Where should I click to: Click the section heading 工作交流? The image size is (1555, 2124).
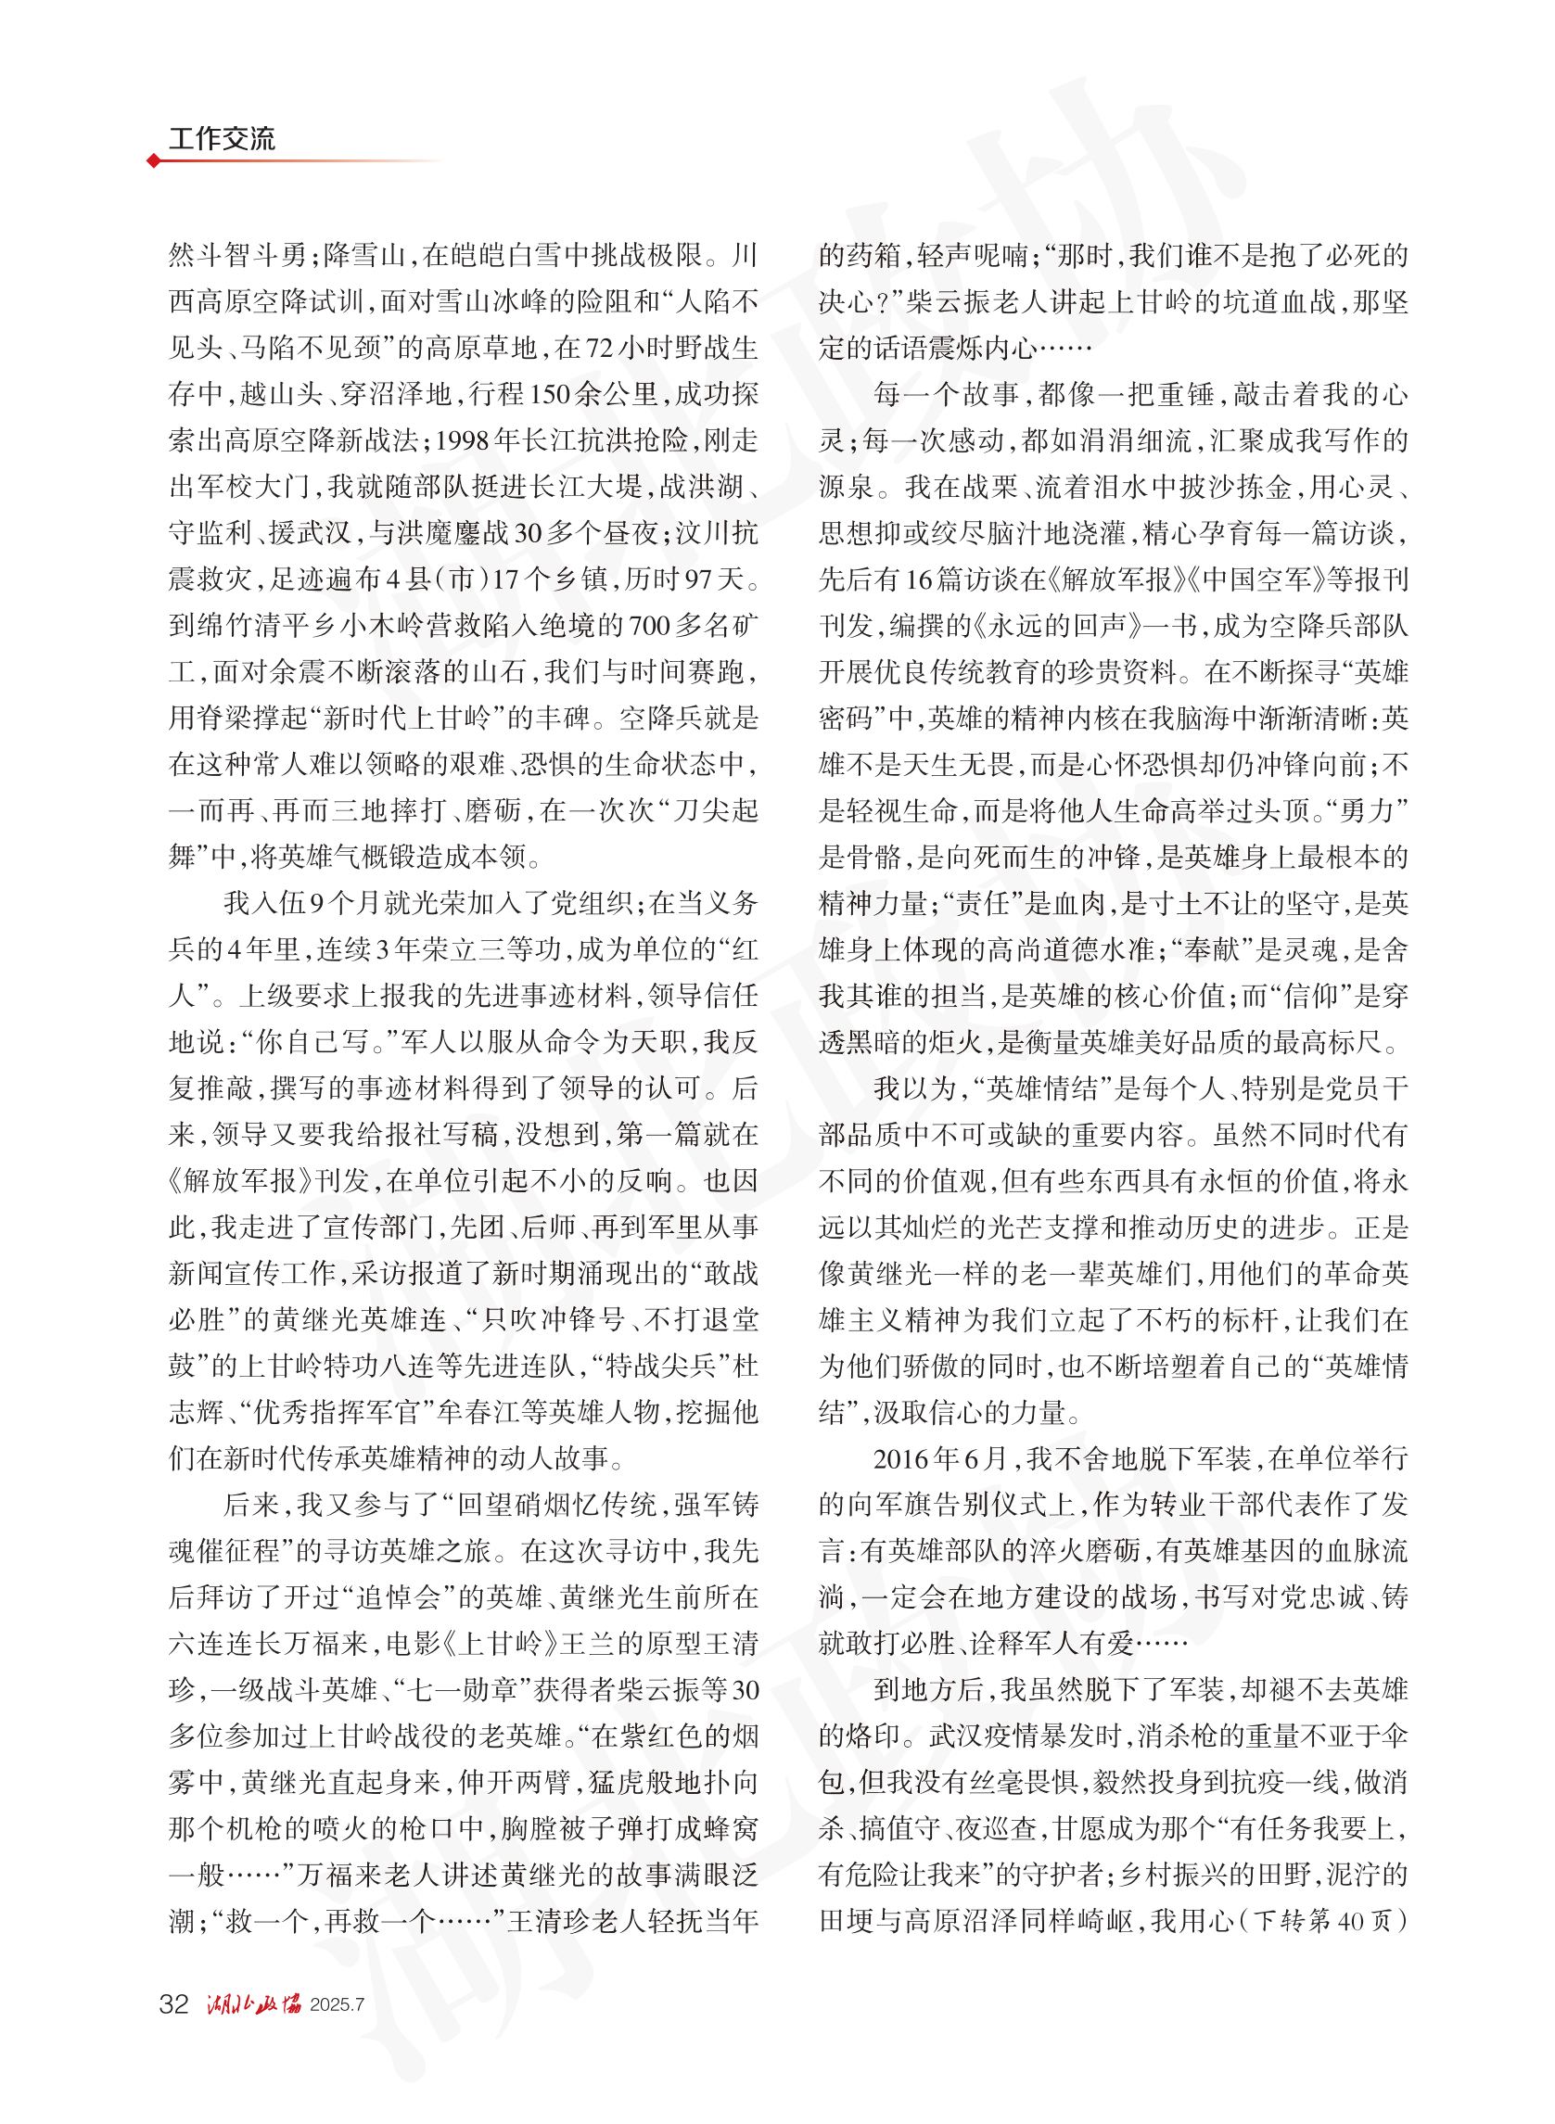click(222, 139)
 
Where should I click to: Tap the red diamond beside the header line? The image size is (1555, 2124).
click(153, 161)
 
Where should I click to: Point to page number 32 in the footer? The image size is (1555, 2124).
click(174, 2003)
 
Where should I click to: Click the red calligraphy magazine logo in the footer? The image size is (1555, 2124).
click(254, 2003)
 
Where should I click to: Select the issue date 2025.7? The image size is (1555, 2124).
click(337, 2004)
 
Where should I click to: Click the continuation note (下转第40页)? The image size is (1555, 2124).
click(1325, 1921)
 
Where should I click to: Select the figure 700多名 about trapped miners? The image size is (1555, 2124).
click(678, 626)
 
